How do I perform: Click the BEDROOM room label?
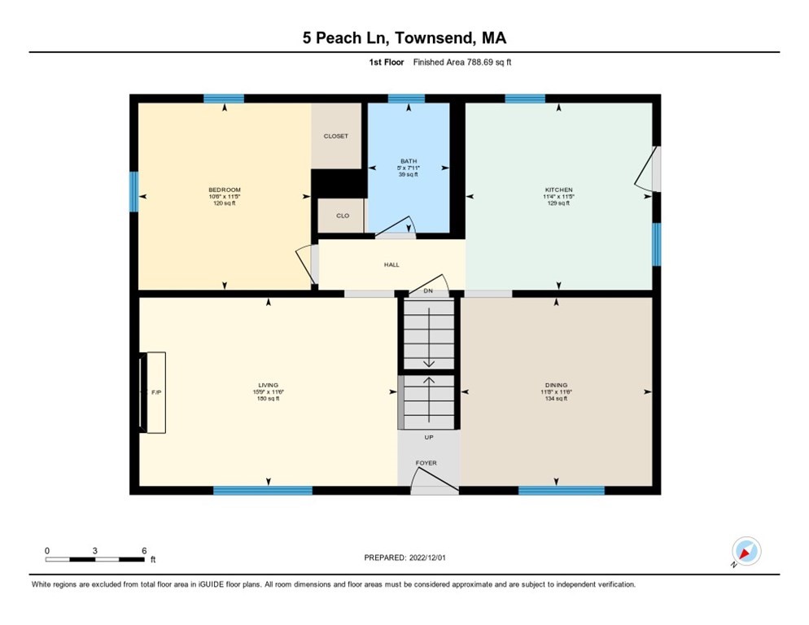[224, 190]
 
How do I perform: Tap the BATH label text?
[409, 161]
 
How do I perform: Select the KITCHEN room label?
[558, 190]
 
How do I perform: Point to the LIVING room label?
[269, 385]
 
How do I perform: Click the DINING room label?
[557, 385]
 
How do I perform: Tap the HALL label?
[391, 264]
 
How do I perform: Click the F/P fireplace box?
[155, 392]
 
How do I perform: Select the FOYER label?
[426, 463]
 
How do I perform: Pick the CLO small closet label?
[343, 216]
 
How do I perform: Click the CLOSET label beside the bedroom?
[336, 136]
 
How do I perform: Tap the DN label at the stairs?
[427, 291]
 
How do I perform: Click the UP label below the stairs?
[428, 437]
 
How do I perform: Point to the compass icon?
[746, 551]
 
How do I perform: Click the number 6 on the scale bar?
[144, 550]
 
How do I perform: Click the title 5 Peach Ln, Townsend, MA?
[404, 37]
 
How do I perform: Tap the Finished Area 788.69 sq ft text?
[461, 62]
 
